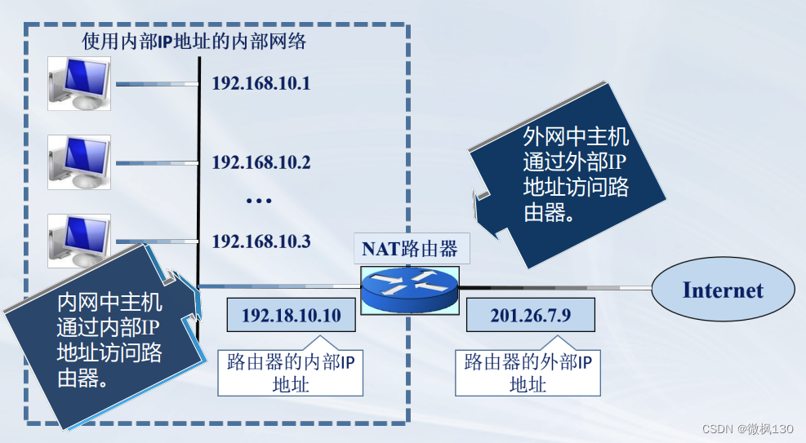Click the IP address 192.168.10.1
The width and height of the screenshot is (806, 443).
[x=261, y=83]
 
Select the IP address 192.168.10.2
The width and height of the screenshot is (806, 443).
[x=261, y=162]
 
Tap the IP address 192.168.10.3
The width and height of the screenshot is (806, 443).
[x=261, y=241]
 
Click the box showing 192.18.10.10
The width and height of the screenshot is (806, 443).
[x=292, y=315]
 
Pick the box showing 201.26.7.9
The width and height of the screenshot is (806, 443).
[x=530, y=315]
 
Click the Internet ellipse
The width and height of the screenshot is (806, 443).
[x=723, y=290]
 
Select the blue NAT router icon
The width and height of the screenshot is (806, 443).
[x=411, y=287]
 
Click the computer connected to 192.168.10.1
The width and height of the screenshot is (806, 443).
[x=79, y=82]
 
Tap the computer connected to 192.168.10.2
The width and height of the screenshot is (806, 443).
[x=79, y=162]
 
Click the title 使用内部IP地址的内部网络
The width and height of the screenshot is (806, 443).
[x=194, y=41]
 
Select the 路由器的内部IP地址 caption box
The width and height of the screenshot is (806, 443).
[x=291, y=373]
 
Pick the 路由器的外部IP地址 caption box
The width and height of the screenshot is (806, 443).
[x=528, y=373]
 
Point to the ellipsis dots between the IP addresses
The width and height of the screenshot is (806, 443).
[x=258, y=201]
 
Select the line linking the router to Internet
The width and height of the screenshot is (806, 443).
[x=555, y=287]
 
